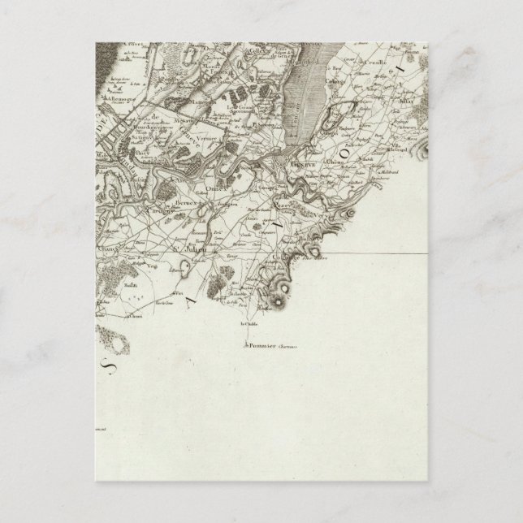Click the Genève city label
click(301, 162)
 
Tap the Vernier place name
click(211, 139)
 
